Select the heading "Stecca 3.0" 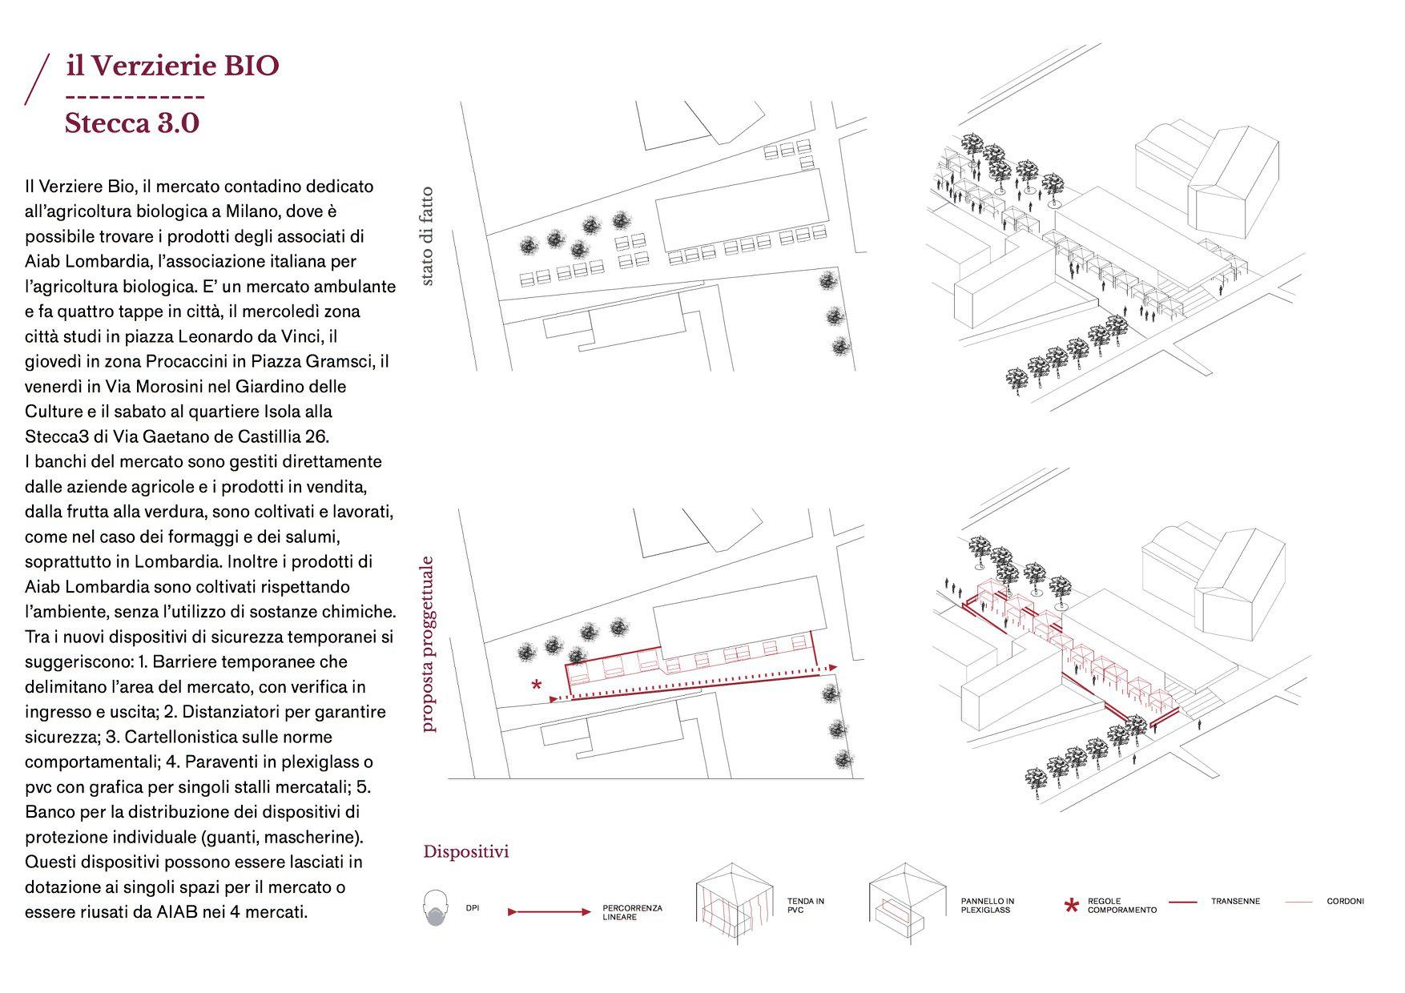point(131,123)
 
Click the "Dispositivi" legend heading point(465,851)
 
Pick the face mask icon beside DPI point(434,909)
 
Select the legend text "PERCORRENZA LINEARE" point(632,913)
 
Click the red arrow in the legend point(549,911)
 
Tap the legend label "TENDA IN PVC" point(805,906)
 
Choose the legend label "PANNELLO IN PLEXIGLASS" point(987,906)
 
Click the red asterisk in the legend point(1071,907)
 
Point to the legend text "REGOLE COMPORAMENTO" point(1121,906)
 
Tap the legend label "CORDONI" point(1345,902)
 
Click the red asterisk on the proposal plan point(537,685)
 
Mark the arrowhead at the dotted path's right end point(834,666)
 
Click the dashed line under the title point(135,97)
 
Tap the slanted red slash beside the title point(37,79)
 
